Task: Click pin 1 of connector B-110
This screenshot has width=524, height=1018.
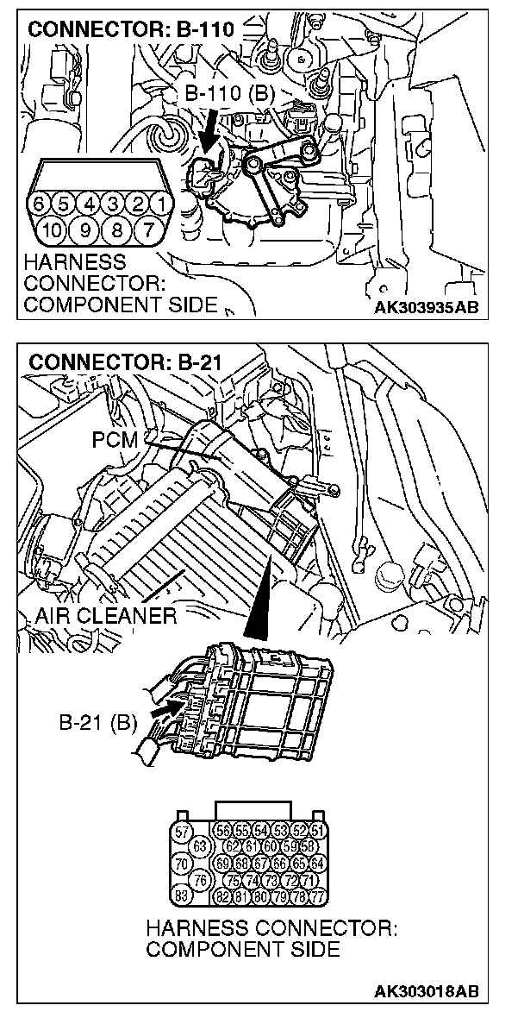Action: (x=159, y=205)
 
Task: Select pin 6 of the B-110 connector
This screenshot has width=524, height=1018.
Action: (x=38, y=205)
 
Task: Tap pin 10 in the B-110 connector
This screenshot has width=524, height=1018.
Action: (x=51, y=230)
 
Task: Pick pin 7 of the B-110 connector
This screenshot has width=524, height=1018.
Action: (x=147, y=230)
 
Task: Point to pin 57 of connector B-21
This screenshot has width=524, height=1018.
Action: (x=182, y=833)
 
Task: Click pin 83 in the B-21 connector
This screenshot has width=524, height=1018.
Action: (x=182, y=894)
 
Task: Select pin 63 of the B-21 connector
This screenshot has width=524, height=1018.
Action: (x=202, y=847)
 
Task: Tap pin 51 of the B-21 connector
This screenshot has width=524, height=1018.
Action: (x=319, y=833)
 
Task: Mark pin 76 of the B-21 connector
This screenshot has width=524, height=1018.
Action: (x=202, y=879)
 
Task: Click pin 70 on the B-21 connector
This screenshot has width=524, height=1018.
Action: (x=182, y=863)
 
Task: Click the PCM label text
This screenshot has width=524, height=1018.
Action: (x=114, y=441)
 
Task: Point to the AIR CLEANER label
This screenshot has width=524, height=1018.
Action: (x=106, y=616)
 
